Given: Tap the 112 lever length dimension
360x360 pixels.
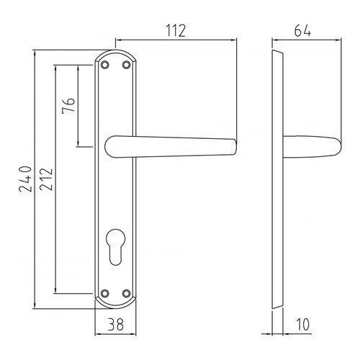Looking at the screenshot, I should pyautogui.click(x=174, y=30).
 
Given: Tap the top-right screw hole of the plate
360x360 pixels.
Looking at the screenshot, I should pyautogui.click(x=127, y=66).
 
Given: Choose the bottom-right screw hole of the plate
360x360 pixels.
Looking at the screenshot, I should pyautogui.click(x=127, y=292).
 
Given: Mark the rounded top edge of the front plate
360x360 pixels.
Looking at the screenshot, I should pyautogui.click(x=115, y=53).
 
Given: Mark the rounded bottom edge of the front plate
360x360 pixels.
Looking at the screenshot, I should pyautogui.click(x=115, y=306).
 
